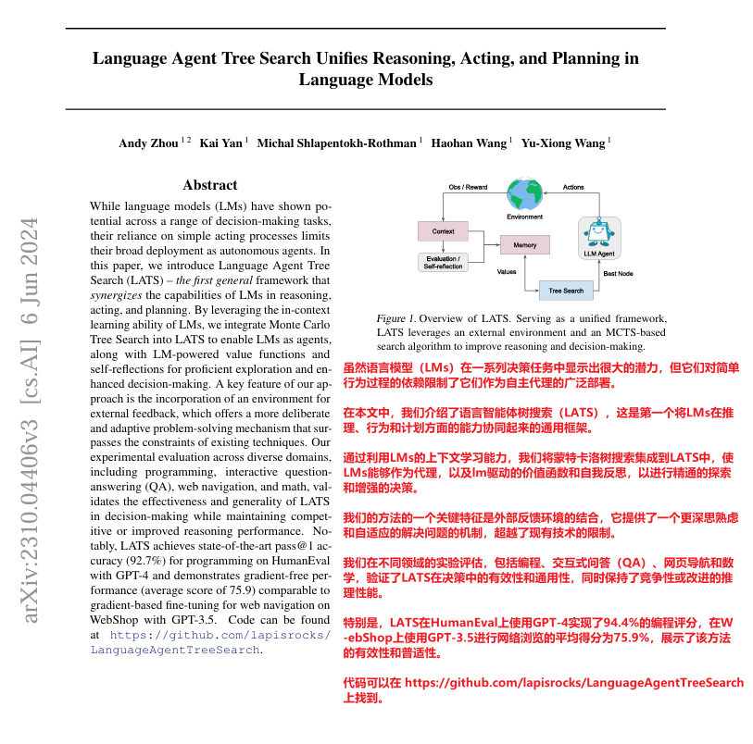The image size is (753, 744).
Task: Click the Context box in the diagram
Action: coord(443,230)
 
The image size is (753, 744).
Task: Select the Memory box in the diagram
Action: coord(525,245)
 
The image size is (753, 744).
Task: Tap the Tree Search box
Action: coord(566,291)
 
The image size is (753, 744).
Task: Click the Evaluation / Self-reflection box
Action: coord(443,261)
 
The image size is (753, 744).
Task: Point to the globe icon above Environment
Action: coord(525,193)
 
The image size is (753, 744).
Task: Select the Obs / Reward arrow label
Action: coord(468,187)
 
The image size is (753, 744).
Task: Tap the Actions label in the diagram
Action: coord(573,187)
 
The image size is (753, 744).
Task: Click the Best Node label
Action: coord(619,274)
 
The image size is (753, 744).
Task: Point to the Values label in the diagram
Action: coord(507,272)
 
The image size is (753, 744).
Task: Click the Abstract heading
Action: coord(210,185)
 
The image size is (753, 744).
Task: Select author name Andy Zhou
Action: coord(149,143)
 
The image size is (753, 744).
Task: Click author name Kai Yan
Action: coord(221,143)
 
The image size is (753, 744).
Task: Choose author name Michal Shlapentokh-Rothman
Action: coord(338,143)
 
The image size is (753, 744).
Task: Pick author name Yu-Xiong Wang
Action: coord(562,143)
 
